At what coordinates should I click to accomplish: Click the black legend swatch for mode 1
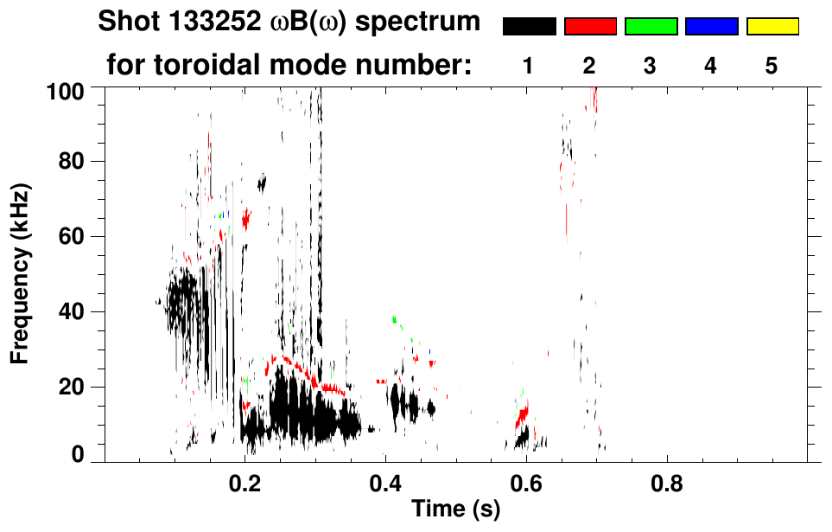[529, 27]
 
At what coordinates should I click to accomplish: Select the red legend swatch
[590, 27]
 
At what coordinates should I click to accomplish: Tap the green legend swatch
[651, 27]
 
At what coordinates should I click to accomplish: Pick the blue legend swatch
[711, 27]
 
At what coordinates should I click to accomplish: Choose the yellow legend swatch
[772, 27]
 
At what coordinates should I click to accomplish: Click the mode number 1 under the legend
[529, 67]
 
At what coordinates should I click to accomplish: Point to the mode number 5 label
[772, 67]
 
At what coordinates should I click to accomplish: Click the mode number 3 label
[651, 67]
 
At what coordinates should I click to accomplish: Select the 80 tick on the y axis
[75, 162]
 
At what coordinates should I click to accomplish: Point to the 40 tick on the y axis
[75, 311]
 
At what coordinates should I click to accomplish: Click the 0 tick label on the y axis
[80, 455]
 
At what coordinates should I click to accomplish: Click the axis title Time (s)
[455, 510]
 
